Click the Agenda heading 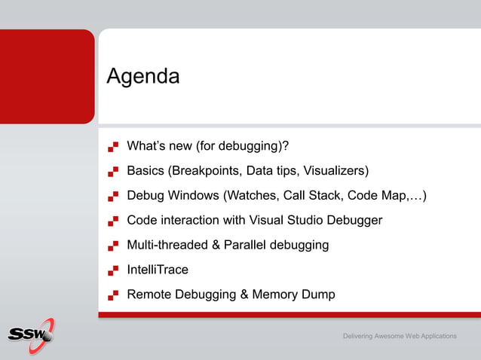pos(143,77)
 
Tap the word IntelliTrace pos(158,269)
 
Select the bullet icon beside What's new pos(113,146)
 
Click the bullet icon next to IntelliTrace pos(113,270)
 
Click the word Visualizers pos(332,170)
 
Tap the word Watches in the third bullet pos(250,196)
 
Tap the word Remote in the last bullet pos(149,294)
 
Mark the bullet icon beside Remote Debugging pos(113,294)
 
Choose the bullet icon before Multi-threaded pos(113,246)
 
